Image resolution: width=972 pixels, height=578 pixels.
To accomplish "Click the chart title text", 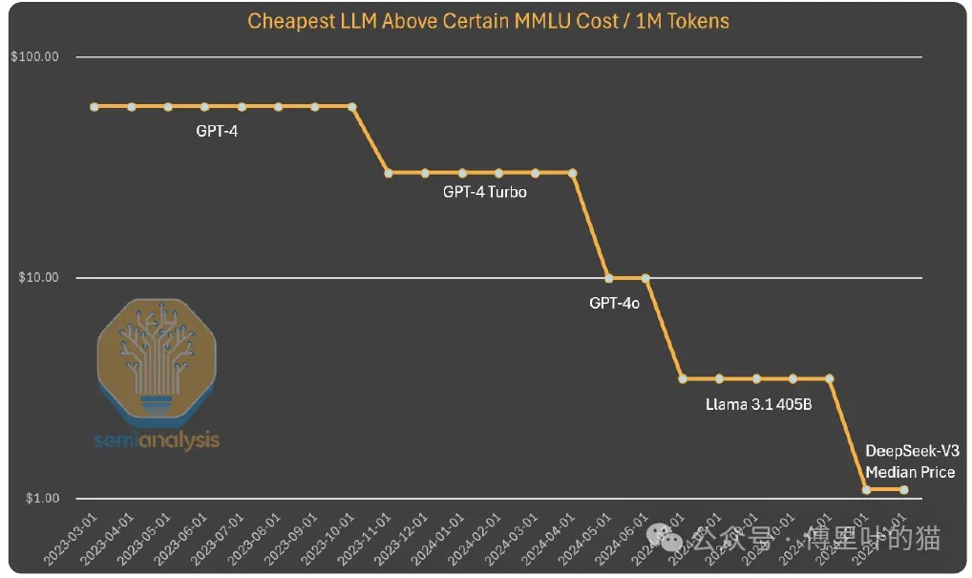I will click(489, 21).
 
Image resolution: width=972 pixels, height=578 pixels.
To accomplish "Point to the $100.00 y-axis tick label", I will click(35, 57).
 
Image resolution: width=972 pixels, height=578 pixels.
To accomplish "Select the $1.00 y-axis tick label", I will click(41, 499).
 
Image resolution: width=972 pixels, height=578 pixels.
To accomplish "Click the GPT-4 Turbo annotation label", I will click(484, 192).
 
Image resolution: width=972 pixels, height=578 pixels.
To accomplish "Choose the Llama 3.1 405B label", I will click(758, 404).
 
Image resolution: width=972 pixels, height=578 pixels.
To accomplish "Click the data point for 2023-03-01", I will click(95, 107).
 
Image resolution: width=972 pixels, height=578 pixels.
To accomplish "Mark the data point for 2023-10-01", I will click(351, 107).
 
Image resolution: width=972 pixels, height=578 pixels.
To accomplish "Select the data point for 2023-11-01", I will click(389, 173).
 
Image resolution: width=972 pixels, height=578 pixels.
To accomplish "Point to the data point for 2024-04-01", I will click(573, 173).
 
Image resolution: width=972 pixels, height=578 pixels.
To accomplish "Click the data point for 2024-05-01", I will click(609, 278).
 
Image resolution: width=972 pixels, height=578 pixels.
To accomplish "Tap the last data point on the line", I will click(903, 490).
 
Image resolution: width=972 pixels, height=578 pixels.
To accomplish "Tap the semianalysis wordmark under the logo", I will click(158, 440).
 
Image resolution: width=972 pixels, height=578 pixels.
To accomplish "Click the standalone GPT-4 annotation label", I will click(217, 131).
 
